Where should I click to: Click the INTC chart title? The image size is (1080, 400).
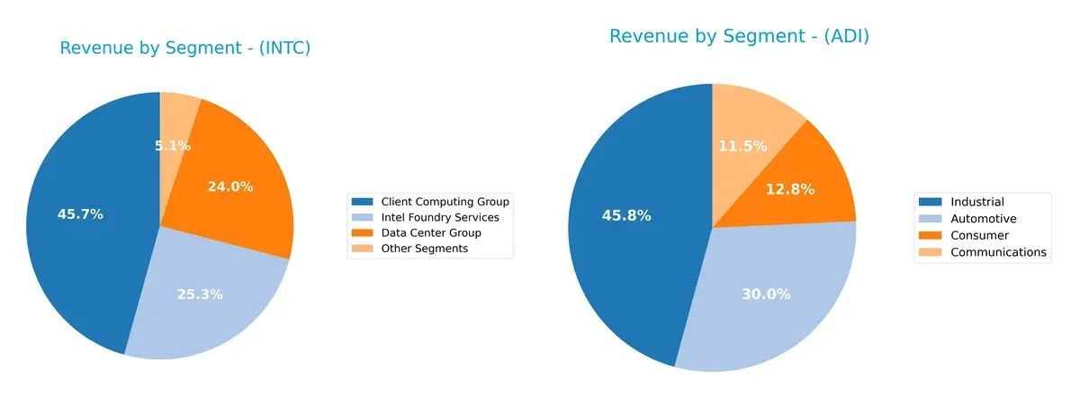pyautogui.click(x=184, y=49)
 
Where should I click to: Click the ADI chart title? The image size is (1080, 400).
pyautogui.click(x=739, y=37)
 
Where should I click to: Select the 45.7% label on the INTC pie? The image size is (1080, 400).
pyautogui.click(x=80, y=214)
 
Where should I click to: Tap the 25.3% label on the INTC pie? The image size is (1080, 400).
pyautogui.click(x=200, y=295)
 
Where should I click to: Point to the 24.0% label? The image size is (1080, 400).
pyautogui.click(x=230, y=187)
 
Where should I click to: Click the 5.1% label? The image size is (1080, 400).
pyautogui.click(x=172, y=145)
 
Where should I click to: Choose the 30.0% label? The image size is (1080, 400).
pyautogui.click(x=767, y=295)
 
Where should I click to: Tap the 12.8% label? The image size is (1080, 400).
pyautogui.click(x=791, y=189)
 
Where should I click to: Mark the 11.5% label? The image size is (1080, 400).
pyautogui.click(x=742, y=145)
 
